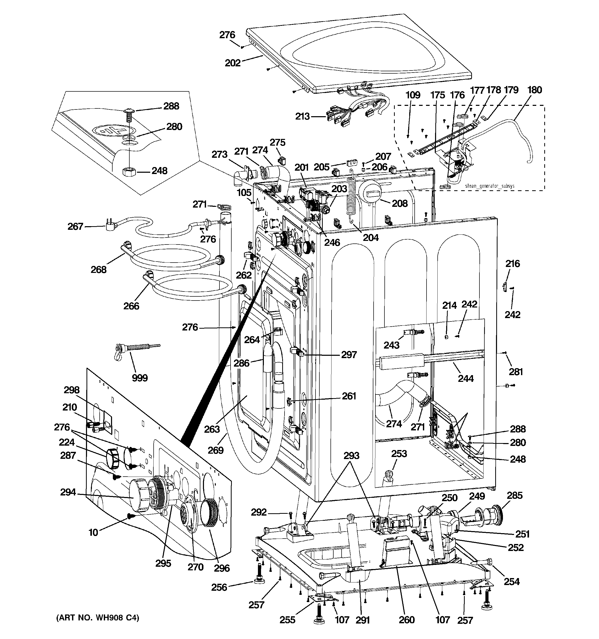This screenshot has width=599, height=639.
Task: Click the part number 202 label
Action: tap(232, 63)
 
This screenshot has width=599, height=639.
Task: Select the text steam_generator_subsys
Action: tap(490, 186)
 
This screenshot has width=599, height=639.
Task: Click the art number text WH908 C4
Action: tap(98, 618)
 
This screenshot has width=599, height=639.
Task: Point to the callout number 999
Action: tap(140, 378)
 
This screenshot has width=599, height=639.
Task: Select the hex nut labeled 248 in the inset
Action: tap(130, 171)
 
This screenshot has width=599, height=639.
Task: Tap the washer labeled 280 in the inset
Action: tap(130, 138)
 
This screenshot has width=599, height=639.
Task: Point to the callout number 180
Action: tap(535, 90)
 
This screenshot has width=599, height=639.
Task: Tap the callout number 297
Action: tap(349, 354)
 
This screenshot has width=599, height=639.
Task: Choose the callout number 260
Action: tap(407, 619)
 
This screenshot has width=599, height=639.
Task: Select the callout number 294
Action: tap(68, 492)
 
